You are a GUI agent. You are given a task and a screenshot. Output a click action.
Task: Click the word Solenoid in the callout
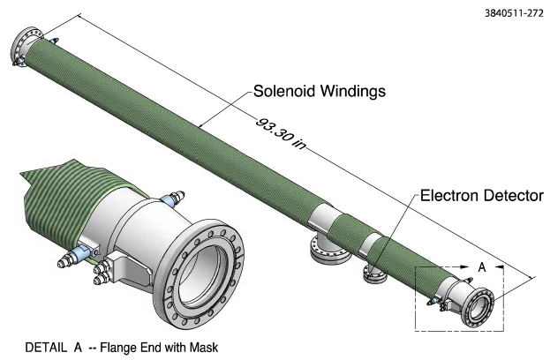282,91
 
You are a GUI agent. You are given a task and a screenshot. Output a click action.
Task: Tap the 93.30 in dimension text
282,133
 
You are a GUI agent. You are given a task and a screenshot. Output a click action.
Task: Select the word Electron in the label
447,196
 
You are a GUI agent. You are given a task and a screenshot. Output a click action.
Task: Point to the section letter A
482,266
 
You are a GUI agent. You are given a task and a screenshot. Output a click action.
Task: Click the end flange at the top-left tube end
24,46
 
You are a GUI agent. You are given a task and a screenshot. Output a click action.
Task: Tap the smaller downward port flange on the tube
374,274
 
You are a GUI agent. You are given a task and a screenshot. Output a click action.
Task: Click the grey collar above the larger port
323,217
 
